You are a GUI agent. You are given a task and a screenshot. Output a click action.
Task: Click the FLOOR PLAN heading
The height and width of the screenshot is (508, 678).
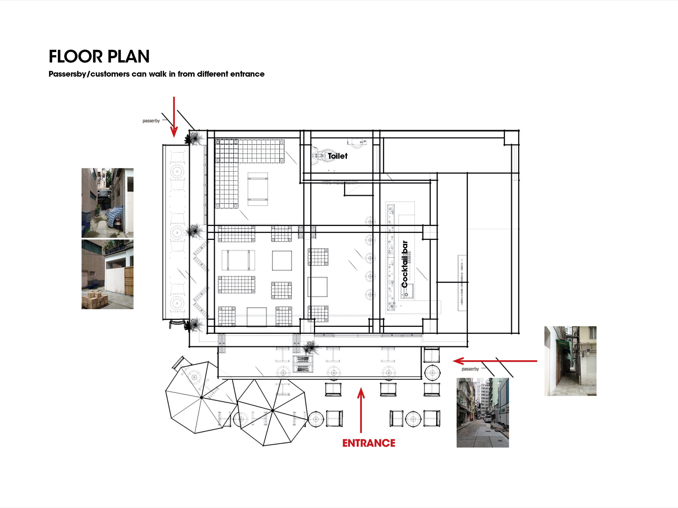pyautogui.click(x=99, y=56)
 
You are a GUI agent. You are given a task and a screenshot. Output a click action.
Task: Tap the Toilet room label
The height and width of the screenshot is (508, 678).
pyautogui.click(x=338, y=156)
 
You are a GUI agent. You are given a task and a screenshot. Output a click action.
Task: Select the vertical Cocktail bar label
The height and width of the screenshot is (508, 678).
pyautogui.click(x=405, y=264)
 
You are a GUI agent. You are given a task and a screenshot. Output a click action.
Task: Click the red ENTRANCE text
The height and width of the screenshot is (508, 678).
pyautogui.click(x=369, y=443)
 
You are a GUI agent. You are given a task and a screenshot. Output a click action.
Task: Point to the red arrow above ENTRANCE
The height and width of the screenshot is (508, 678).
pyautogui.click(x=361, y=410)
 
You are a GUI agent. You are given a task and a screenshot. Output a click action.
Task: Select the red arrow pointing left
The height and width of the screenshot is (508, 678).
pyautogui.click(x=495, y=361)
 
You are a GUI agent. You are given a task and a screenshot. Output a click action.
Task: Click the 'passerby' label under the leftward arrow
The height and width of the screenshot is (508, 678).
pyautogui.click(x=470, y=369)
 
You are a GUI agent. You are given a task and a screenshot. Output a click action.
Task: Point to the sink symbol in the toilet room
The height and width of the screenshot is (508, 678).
pyautogui.click(x=357, y=143)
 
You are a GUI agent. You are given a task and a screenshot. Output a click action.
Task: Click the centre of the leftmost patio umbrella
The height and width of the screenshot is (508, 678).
pyautogui.click(x=201, y=397)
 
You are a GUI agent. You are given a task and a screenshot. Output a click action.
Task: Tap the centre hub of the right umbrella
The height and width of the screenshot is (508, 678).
pyautogui.click(x=273, y=410)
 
